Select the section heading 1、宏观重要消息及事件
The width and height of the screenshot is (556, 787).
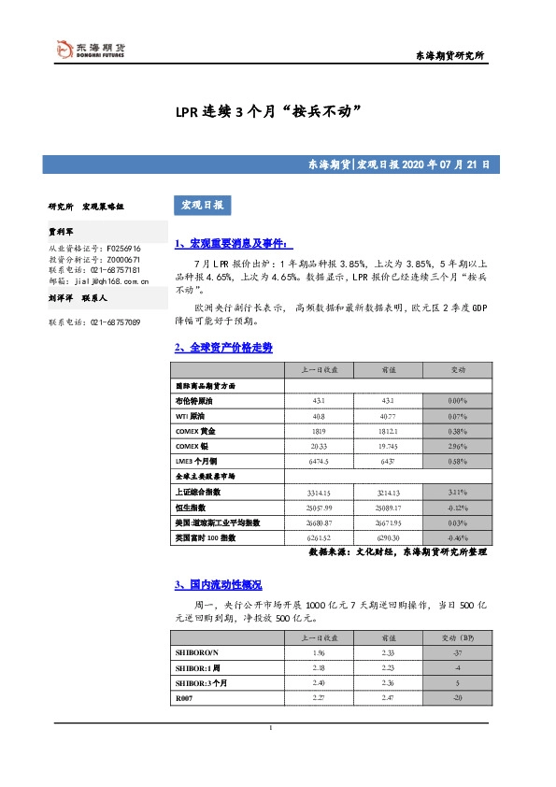point(232,243)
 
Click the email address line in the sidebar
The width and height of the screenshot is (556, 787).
point(100,279)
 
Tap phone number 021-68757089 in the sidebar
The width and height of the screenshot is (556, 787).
point(93,322)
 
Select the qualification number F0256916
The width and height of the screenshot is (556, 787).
point(122,249)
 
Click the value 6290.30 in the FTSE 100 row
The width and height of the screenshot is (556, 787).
point(385,537)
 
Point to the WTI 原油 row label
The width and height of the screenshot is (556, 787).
point(192,416)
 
